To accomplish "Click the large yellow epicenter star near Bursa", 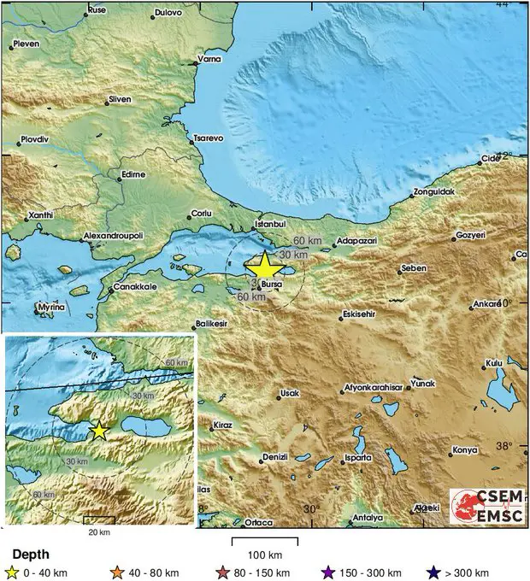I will [x=264, y=267].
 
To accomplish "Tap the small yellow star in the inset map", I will [x=99, y=431].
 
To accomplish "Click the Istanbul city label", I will [x=269, y=226].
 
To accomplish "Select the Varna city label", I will [x=209, y=59].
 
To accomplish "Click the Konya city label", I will [x=464, y=449].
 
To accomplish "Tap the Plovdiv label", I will [x=36, y=138].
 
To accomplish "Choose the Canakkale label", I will [x=135, y=287].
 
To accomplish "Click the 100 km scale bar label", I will [x=264, y=554].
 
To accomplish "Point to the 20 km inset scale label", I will [x=99, y=531].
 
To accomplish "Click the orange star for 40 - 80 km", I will [x=117, y=572].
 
